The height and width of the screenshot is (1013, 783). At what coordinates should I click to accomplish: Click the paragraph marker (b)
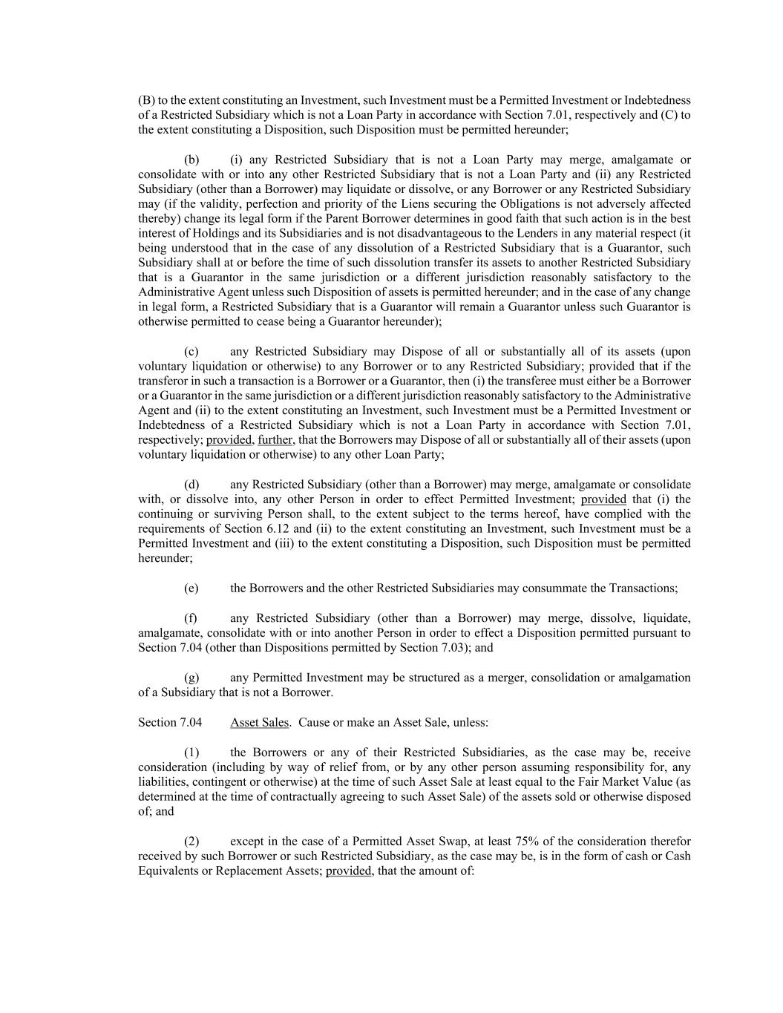tap(191, 160)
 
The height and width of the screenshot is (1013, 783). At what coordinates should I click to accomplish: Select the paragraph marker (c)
tap(191, 352)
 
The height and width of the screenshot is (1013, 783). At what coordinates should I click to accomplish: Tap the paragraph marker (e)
tap(191, 589)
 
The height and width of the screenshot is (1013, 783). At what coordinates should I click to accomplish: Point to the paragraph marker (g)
tap(191, 678)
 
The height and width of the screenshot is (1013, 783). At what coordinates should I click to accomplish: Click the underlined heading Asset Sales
tap(260, 722)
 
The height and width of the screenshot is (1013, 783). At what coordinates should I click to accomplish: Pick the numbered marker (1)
tap(191, 753)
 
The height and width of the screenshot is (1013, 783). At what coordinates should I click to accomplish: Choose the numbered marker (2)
tap(191, 842)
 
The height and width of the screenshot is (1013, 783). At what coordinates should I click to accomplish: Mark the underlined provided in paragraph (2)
tap(348, 871)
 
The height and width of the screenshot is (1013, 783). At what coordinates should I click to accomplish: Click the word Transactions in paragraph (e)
tap(642, 589)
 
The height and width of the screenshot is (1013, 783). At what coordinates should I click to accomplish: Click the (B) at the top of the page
tap(146, 100)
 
